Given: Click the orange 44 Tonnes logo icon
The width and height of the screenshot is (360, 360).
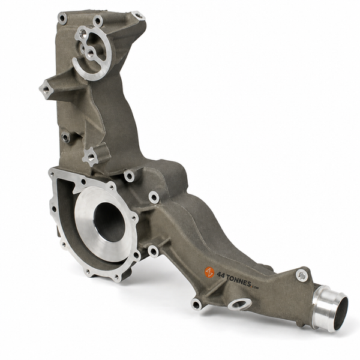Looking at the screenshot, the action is pos(209,272).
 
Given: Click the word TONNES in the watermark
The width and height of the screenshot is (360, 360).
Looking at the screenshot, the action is pos(238,280).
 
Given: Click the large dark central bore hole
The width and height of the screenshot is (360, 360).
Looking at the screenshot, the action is pos(110,222).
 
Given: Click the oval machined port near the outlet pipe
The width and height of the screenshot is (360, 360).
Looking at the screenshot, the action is pos(239,304).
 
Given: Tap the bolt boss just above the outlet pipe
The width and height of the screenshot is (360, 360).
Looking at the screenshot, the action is pos(302,275).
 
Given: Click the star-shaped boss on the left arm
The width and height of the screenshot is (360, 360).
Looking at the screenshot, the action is pos(46,89).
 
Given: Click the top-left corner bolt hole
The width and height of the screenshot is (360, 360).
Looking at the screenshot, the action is pos(62,19).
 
